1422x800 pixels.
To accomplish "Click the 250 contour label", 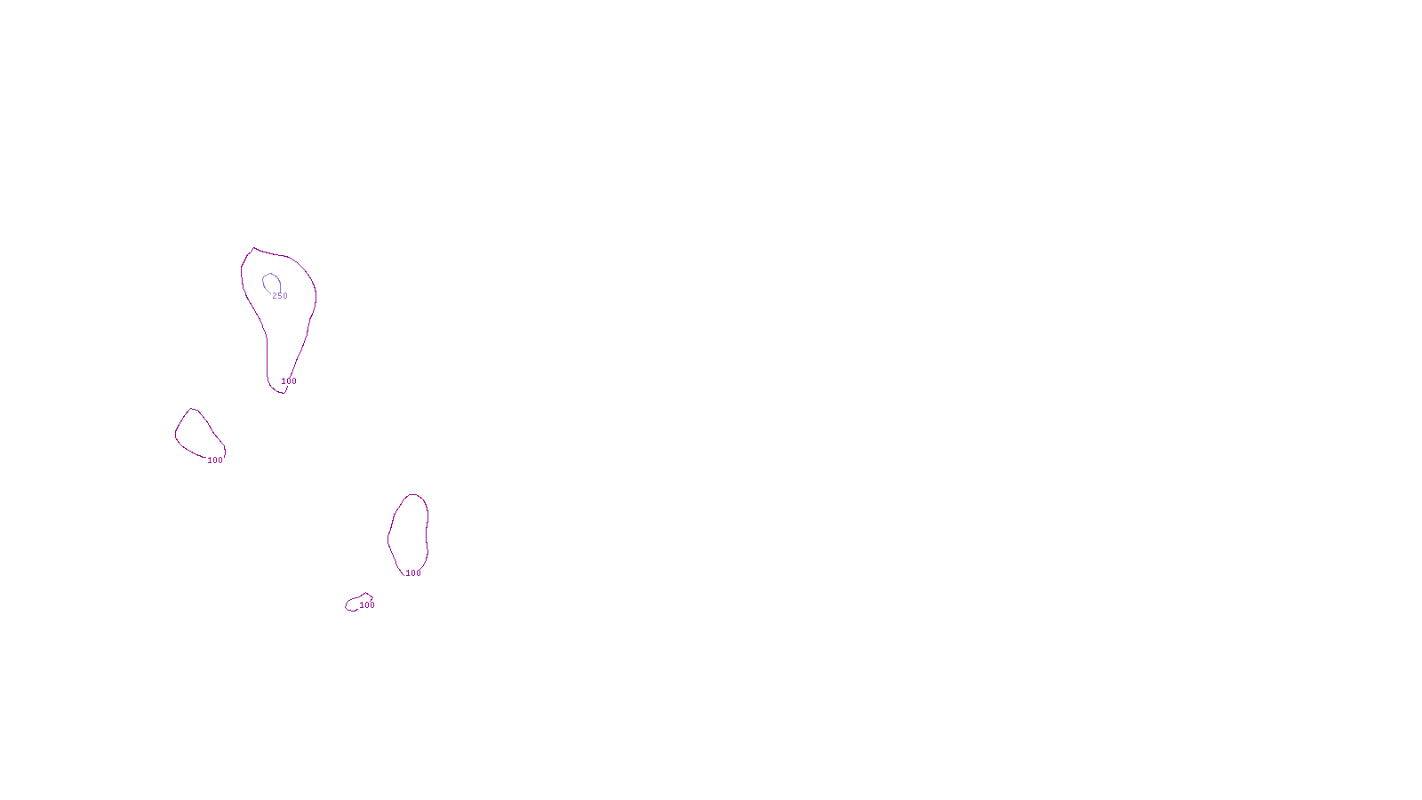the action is (280, 296).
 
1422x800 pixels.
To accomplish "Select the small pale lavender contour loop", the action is (271, 283).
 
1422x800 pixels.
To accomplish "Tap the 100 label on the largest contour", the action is (289, 381).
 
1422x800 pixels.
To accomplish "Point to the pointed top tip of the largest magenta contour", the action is (254, 249).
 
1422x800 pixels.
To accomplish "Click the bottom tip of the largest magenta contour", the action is (283, 392).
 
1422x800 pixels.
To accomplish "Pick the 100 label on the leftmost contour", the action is (215, 460).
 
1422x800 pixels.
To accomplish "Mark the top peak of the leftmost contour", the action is (193, 410).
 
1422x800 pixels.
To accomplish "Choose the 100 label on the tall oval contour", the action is (413, 573).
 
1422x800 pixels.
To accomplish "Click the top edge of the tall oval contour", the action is (412, 495).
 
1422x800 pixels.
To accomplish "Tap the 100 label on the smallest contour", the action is (367, 605).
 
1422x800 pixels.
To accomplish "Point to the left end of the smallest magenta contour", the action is (347, 606).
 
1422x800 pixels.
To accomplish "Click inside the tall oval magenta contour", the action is (409, 533).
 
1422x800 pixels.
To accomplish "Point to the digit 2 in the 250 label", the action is (275, 296).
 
